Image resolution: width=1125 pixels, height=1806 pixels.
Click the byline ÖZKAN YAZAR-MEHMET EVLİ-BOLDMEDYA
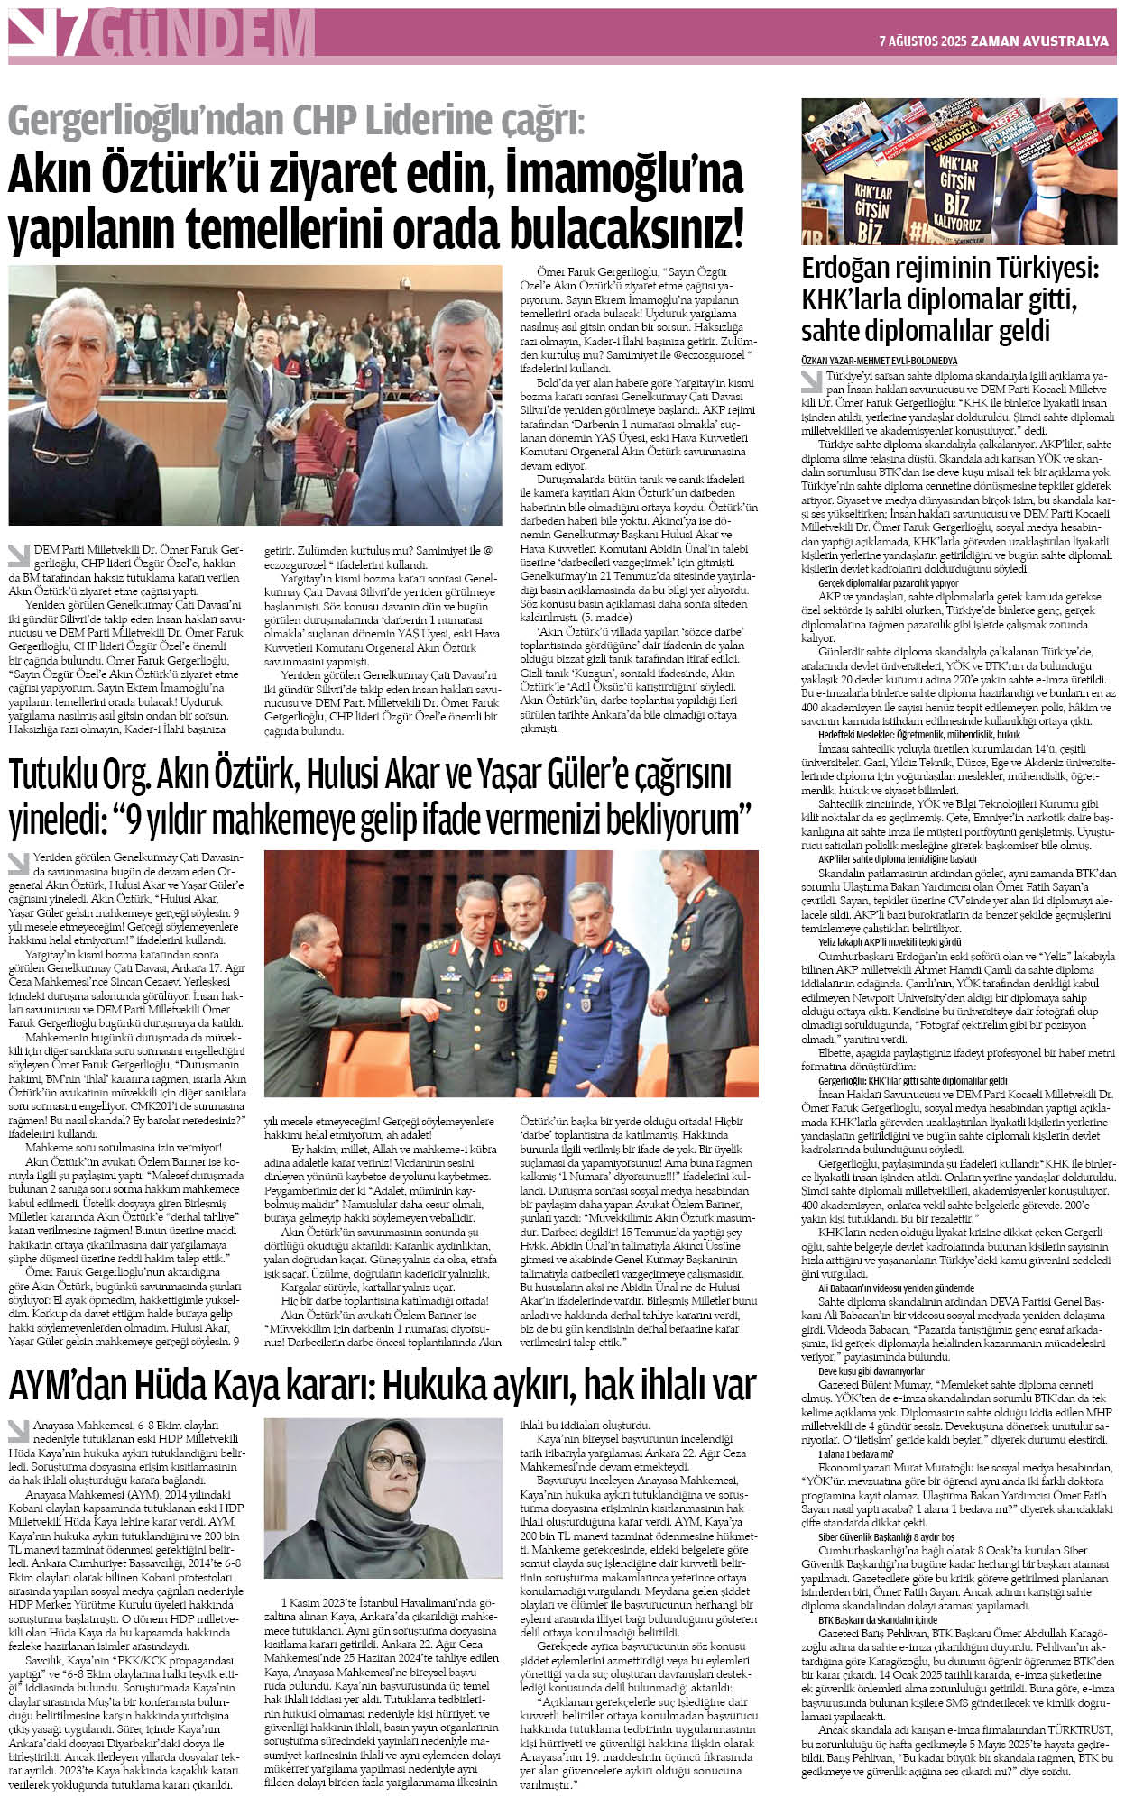pos(867,360)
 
